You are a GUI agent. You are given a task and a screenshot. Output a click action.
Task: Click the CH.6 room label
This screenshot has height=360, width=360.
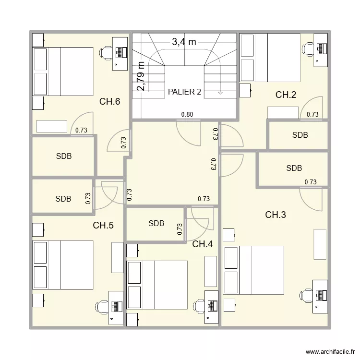coord(109,101)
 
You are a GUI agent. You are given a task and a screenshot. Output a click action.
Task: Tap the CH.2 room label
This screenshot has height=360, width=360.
coord(286,95)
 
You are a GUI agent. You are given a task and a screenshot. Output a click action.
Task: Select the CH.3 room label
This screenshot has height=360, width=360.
coord(276,215)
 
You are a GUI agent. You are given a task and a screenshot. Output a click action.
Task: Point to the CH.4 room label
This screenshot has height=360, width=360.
coord(203,244)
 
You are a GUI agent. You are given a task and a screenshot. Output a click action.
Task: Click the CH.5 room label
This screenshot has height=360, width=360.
coord(103,225)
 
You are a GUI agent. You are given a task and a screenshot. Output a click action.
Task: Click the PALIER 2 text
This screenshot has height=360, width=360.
coord(184,92)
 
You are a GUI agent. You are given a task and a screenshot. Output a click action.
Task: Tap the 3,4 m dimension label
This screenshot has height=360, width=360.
coord(184,42)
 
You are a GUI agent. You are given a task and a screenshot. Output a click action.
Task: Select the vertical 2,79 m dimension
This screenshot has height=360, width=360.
coord(141,76)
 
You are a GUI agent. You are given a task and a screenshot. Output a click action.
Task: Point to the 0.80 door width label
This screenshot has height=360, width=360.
coord(187,114)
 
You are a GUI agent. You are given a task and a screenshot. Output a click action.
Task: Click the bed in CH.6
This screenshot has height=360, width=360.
coord(63,71)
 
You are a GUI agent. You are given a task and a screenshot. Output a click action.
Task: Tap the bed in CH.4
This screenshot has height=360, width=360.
coord(157,285)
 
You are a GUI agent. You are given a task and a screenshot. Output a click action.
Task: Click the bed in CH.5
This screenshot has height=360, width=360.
coord(63,265)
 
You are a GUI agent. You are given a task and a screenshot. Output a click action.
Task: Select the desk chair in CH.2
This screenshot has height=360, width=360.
coord(307,48)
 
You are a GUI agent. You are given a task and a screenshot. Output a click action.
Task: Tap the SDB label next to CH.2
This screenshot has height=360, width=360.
coord(300,135)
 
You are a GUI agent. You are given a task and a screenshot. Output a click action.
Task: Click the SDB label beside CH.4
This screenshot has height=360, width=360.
coord(156,223)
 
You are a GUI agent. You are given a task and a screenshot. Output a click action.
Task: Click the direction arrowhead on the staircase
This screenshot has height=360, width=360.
coord(220,92)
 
